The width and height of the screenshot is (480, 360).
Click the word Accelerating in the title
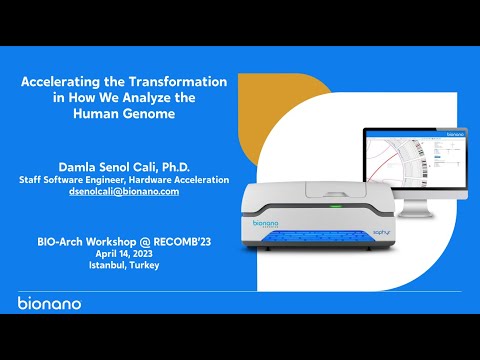66,80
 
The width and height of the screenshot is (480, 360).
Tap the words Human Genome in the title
124,113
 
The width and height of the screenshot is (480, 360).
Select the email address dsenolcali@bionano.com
124,192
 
